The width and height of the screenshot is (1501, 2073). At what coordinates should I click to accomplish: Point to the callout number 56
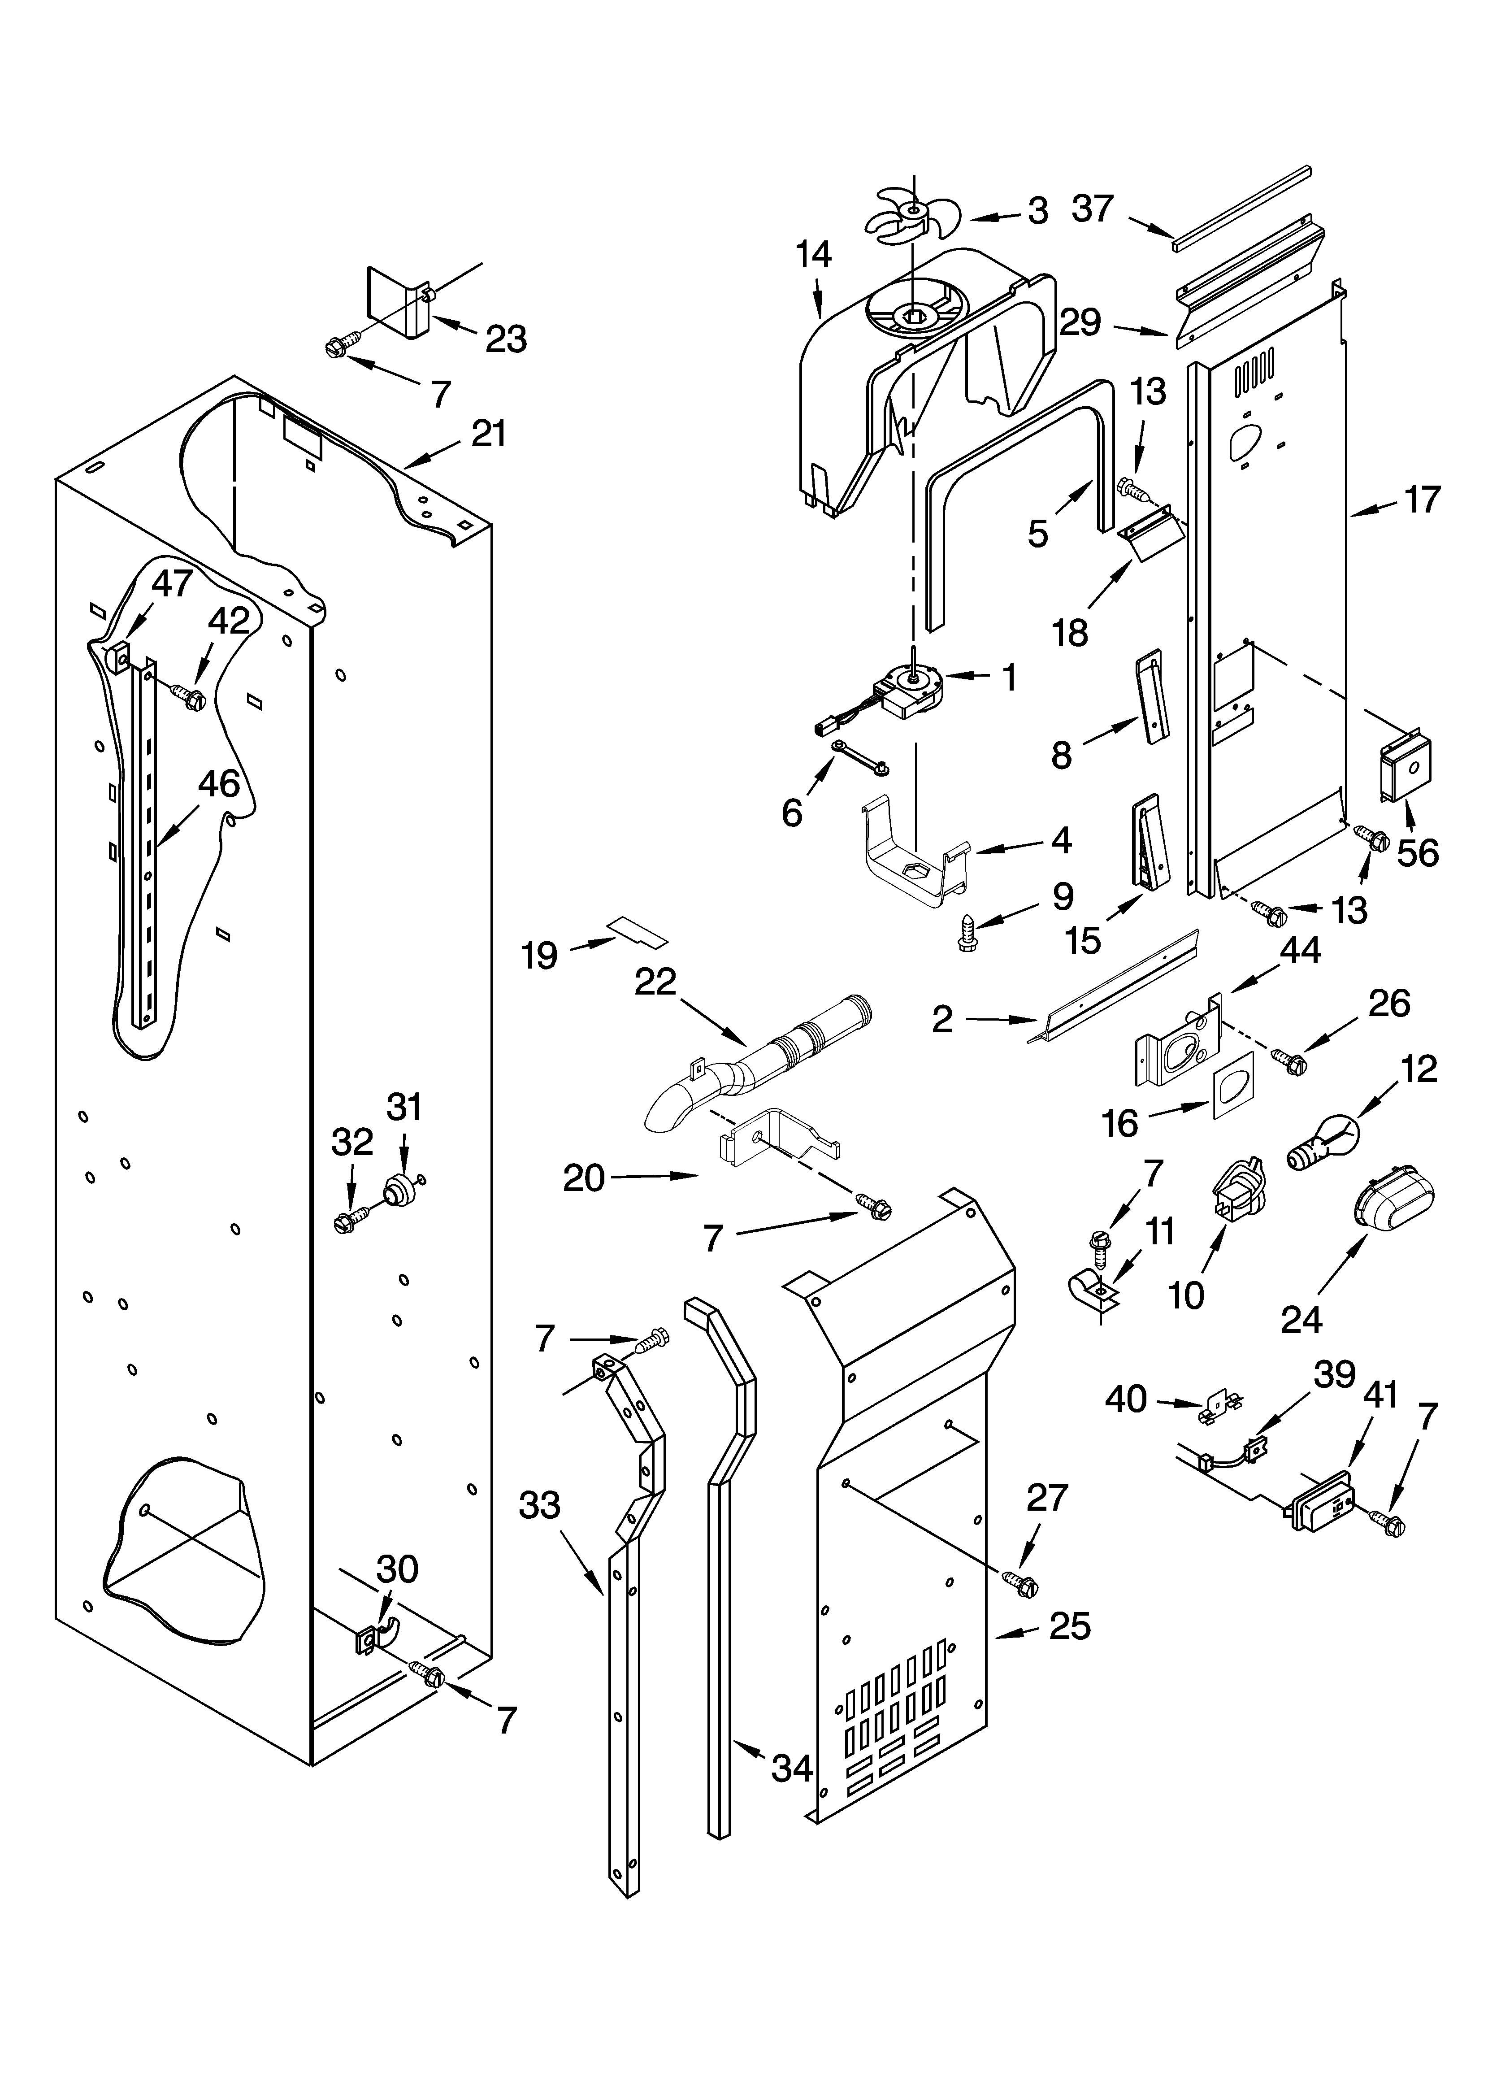tap(1417, 853)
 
